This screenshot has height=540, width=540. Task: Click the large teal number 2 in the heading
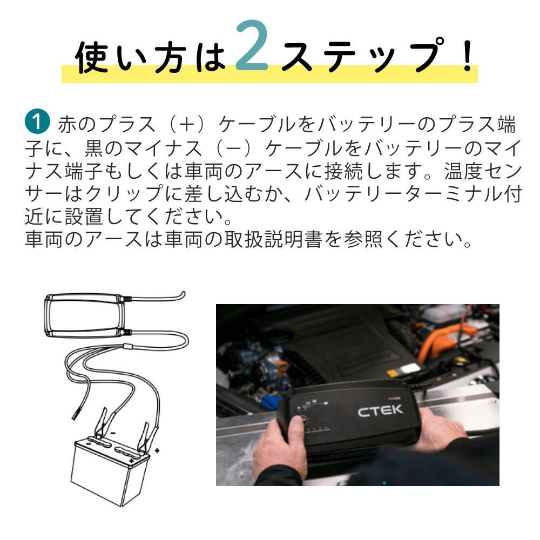(x=252, y=46)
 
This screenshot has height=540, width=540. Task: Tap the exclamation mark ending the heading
(x=468, y=55)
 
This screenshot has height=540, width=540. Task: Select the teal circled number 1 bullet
(x=37, y=121)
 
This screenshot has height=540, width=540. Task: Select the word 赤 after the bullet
(x=67, y=124)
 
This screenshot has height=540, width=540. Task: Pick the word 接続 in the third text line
(x=343, y=171)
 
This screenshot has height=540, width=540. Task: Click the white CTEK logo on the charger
(x=380, y=410)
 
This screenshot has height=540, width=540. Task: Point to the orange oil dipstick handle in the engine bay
(x=282, y=366)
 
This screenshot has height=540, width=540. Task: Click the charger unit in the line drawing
(x=84, y=315)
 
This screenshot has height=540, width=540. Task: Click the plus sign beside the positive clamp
(x=157, y=450)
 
